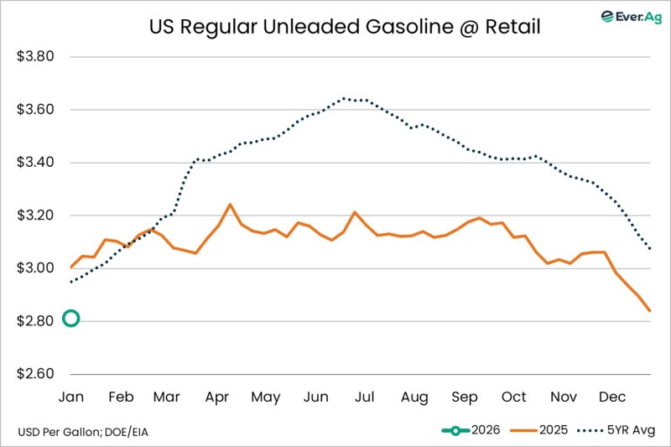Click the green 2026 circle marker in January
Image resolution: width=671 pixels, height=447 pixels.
71,318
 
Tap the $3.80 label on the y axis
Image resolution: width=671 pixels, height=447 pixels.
36,57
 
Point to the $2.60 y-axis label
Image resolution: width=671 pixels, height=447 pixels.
36,374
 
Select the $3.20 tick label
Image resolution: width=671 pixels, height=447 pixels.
36,216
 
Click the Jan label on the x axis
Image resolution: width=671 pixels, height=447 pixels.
71,397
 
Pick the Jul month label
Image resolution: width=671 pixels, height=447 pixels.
365,397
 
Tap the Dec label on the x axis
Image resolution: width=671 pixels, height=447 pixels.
611,397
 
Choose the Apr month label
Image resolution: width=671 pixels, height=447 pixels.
218,397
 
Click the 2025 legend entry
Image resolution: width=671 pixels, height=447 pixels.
544,430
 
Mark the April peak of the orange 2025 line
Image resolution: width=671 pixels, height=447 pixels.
231,204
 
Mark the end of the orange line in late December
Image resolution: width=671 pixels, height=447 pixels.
649,311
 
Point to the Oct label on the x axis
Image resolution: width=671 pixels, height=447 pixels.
513,397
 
